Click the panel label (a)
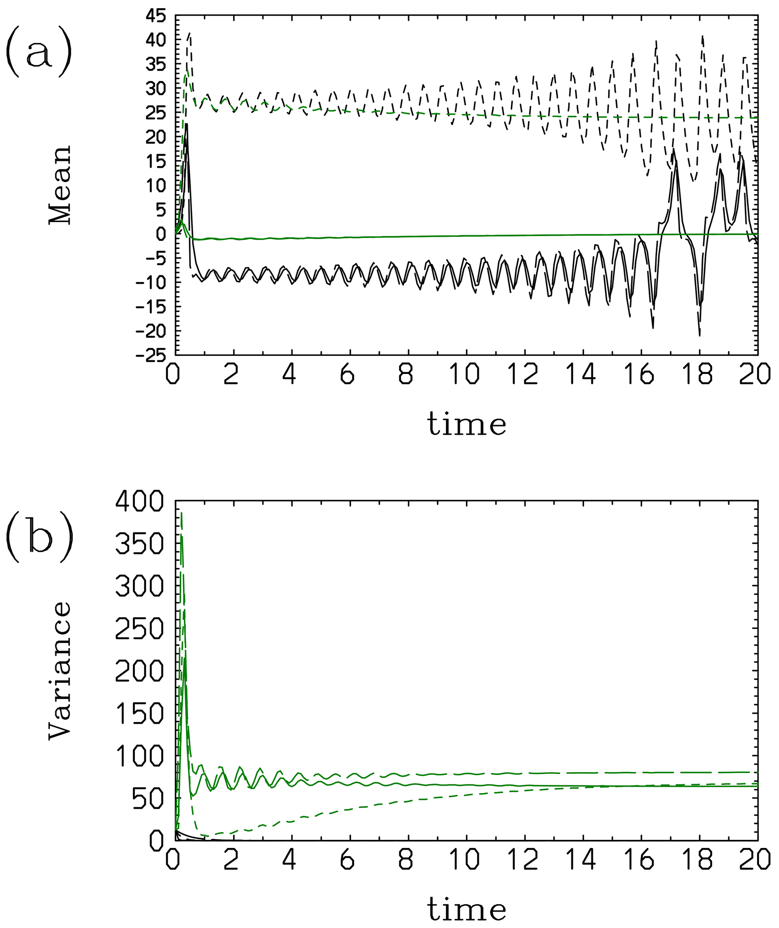39,52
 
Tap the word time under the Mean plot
466,424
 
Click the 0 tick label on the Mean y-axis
160,234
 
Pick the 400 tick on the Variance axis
139,502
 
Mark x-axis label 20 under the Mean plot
756,375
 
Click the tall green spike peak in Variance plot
182,513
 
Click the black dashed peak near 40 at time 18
702,37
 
